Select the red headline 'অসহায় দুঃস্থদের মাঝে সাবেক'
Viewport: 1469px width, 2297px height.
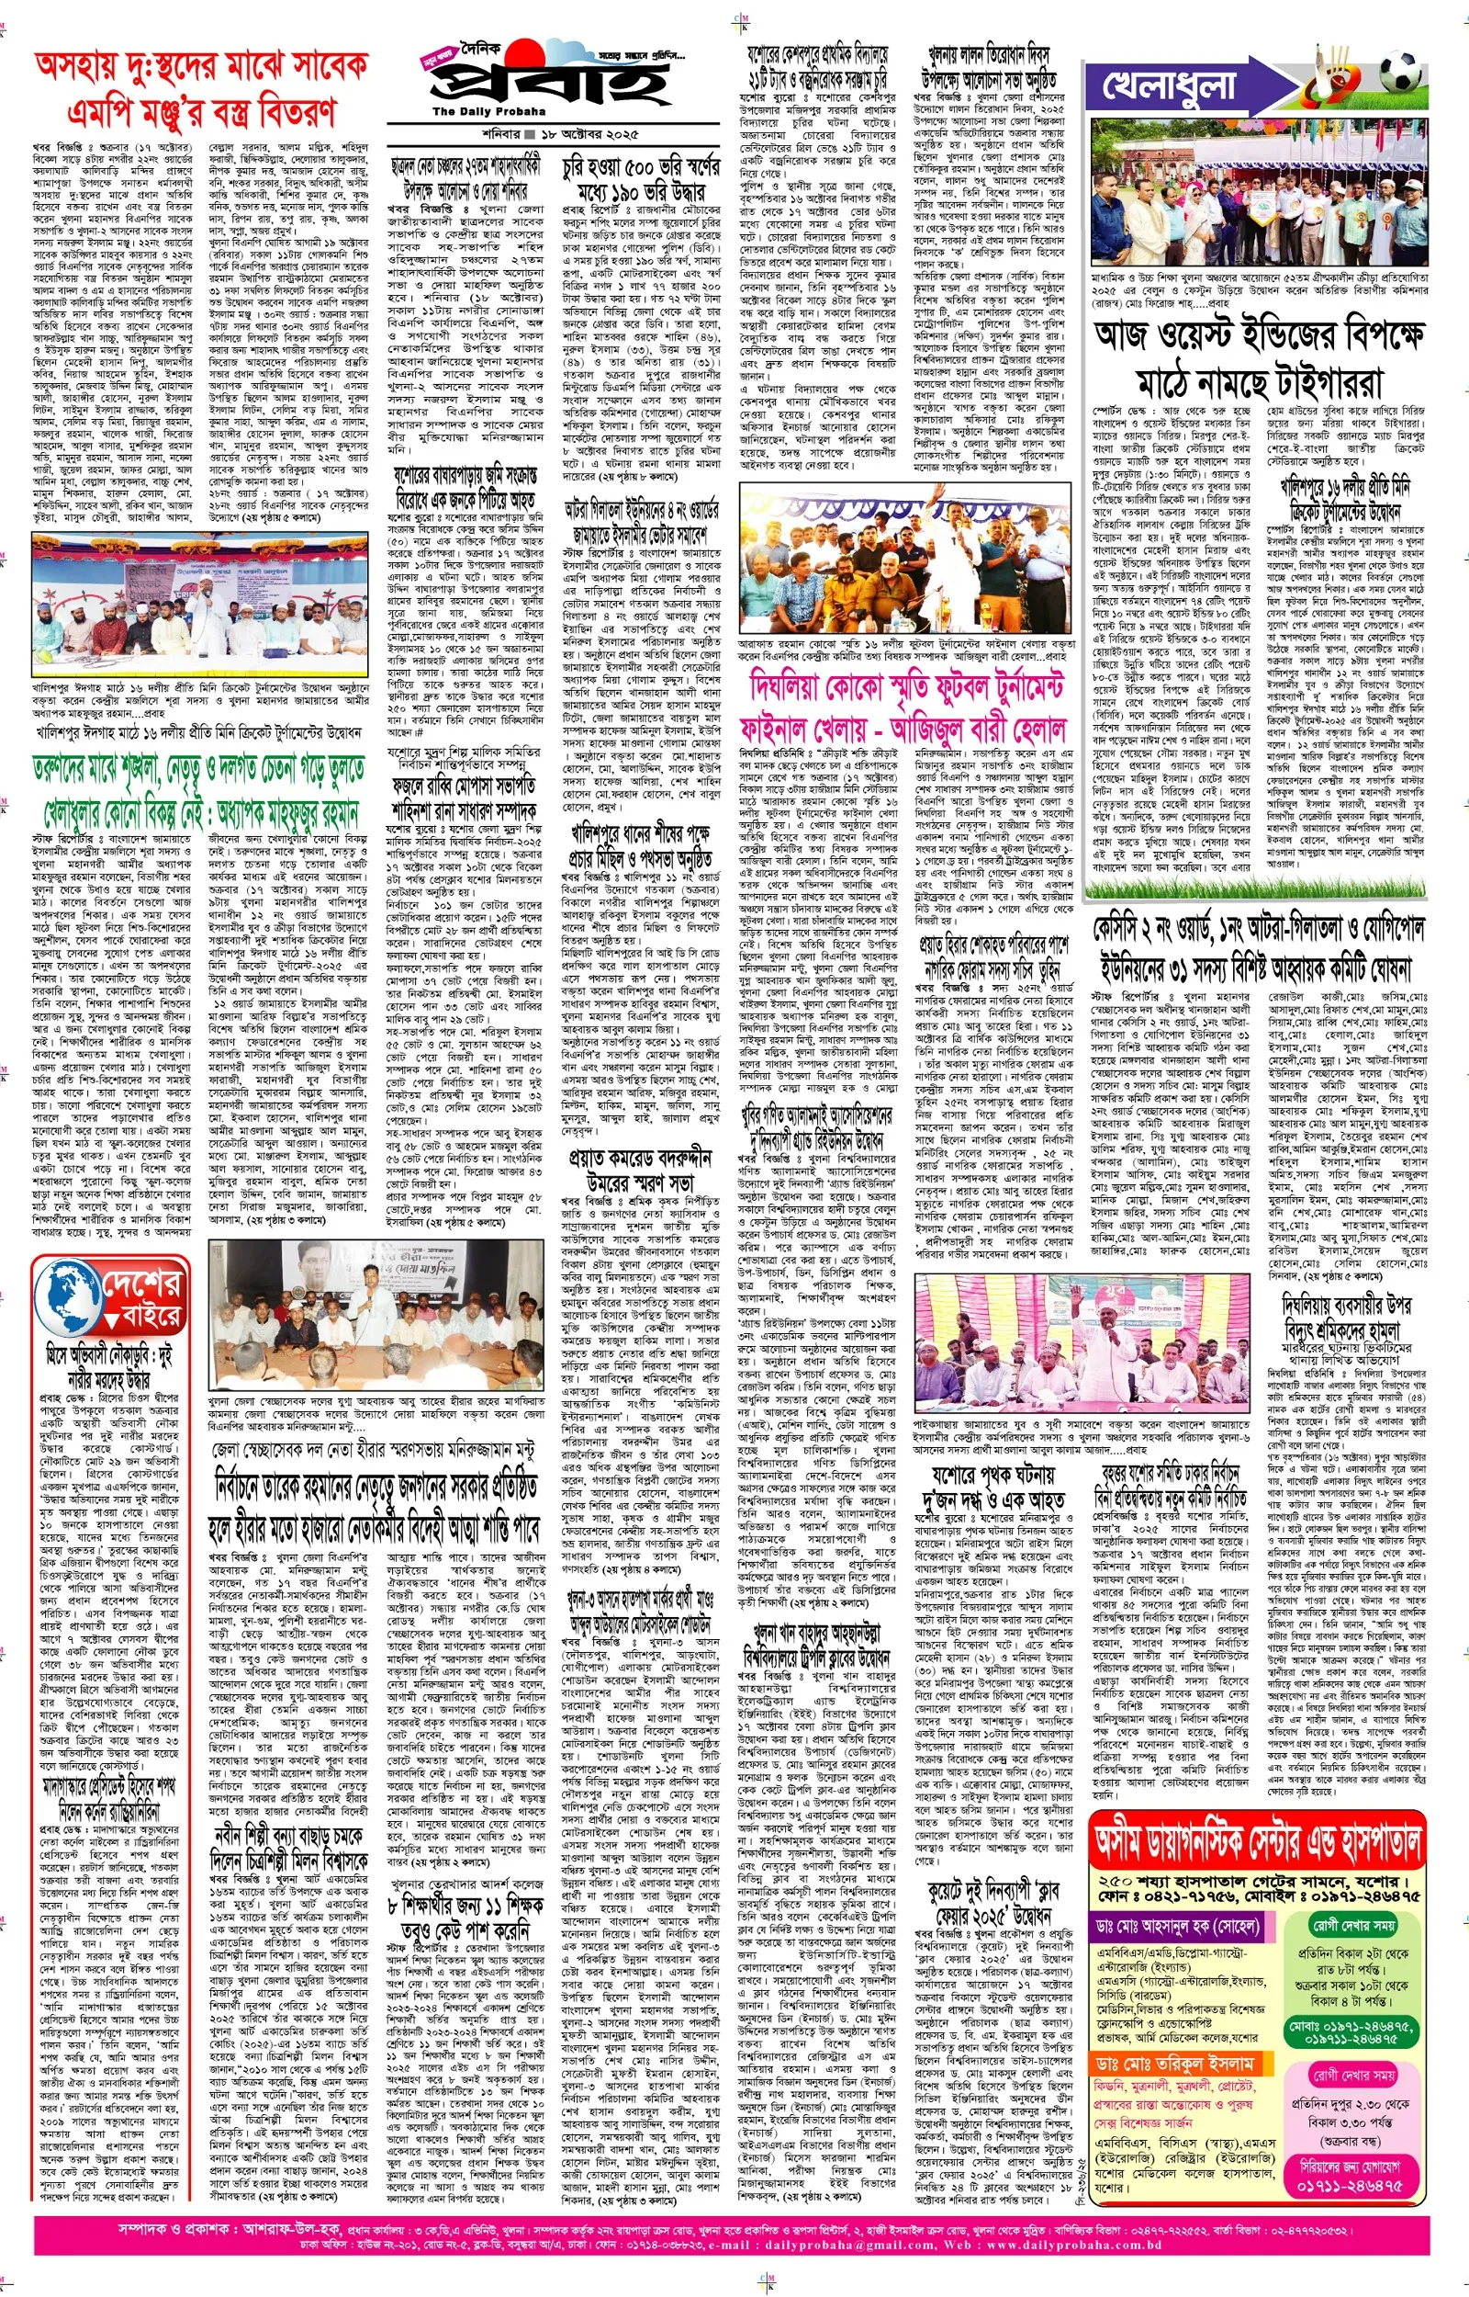click(200, 67)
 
